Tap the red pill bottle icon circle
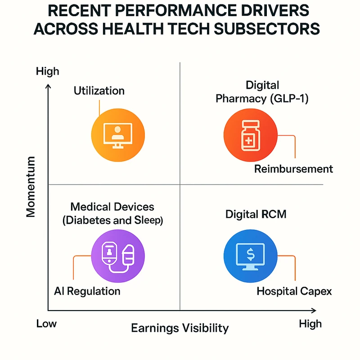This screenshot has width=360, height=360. pyautogui.click(x=245, y=134)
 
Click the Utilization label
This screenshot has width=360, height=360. pyautogui.click(x=99, y=90)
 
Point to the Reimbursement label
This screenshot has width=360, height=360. pyautogui.click(x=293, y=169)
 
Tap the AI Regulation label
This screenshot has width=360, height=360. pyautogui.click(x=87, y=291)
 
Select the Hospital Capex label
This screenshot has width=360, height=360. pyautogui.click(x=294, y=291)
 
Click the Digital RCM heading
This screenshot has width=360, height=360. pyautogui.click(x=256, y=215)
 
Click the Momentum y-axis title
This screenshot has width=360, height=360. pyautogui.click(x=31, y=187)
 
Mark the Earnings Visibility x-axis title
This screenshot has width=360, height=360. pyautogui.click(x=180, y=328)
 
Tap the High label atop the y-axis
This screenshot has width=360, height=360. pyautogui.click(x=47, y=71)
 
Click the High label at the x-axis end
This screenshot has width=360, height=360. pyautogui.click(x=310, y=324)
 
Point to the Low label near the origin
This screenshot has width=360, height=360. pyautogui.click(x=46, y=324)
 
